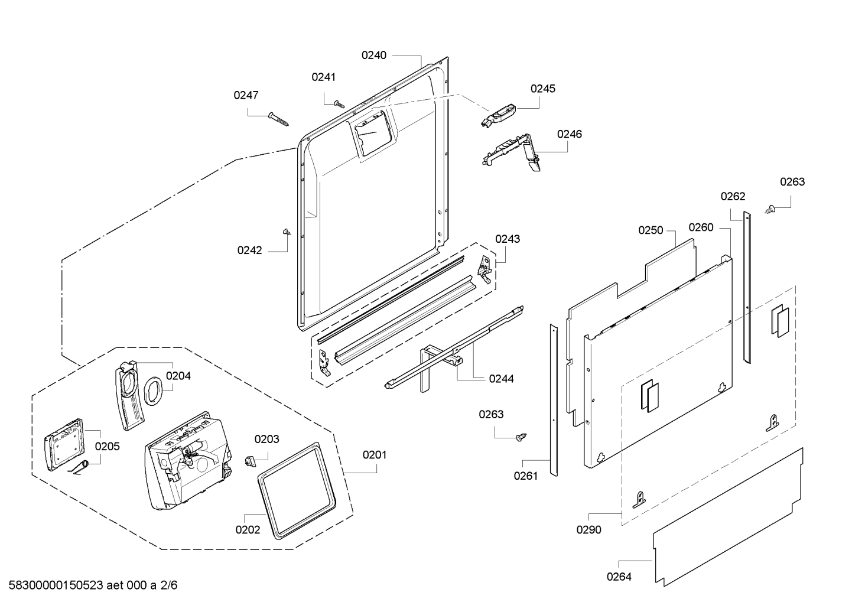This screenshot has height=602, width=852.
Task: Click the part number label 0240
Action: pos(373,56)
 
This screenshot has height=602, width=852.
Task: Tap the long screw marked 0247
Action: pos(278,119)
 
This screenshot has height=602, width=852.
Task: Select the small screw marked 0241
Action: pos(339,104)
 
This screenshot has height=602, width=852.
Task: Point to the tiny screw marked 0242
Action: pos(287,232)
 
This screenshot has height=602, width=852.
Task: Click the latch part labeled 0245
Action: pos(499,116)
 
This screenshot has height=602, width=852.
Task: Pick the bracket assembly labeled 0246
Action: pos(512,152)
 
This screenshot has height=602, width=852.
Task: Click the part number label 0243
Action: pos(508,239)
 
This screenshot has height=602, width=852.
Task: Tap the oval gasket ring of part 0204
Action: pos(153,391)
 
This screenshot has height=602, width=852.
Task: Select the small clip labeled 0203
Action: pos(249,461)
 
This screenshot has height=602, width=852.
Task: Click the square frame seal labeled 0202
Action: pos(297,490)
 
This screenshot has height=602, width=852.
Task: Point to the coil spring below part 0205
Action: pos(79,468)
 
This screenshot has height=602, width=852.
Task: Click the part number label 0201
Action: pos(374,455)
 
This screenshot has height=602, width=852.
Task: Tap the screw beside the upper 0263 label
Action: pos(770,209)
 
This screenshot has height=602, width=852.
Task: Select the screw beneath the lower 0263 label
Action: pos(521,437)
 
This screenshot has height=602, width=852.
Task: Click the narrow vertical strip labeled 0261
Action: pos(554,400)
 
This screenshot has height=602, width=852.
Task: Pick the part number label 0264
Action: pos(619,577)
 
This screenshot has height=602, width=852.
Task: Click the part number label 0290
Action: pos(589,530)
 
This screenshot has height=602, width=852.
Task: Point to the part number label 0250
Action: pos(651,230)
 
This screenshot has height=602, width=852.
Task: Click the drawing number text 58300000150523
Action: pos(56,585)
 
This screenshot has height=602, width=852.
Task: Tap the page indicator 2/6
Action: pos(168,585)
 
